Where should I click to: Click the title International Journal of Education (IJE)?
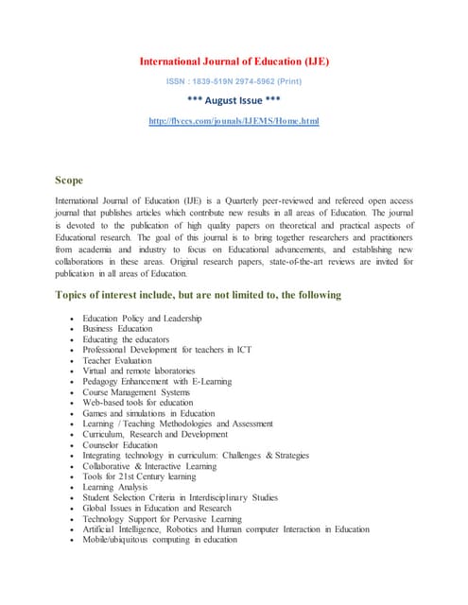tap(234, 62)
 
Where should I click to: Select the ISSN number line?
tap(234, 82)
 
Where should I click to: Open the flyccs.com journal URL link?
tap(234, 122)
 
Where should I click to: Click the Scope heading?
tap(69, 180)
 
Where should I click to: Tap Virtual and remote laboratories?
tap(139, 371)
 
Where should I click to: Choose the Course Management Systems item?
tap(136, 391)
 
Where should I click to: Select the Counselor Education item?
tap(120, 444)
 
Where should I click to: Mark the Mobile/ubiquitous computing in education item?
tap(160, 540)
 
